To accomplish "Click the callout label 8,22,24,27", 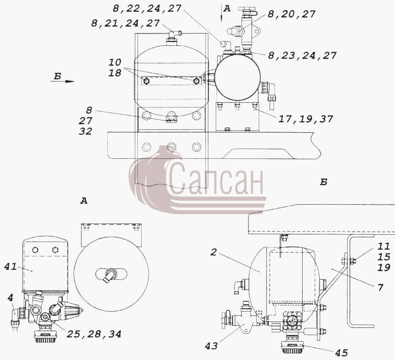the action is click(147, 8).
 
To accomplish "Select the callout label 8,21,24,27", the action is click(125, 23).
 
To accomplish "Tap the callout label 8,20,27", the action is click(291, 14).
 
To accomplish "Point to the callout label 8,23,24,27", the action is click(302, 55).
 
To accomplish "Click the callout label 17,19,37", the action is click(306, 119).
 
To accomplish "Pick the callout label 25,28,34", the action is click(94, 334).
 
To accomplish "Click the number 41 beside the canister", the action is click(10, 266).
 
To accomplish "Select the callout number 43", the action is click(211, 346).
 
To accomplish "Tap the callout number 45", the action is click(341, 353).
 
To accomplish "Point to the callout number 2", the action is click(213, 252).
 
